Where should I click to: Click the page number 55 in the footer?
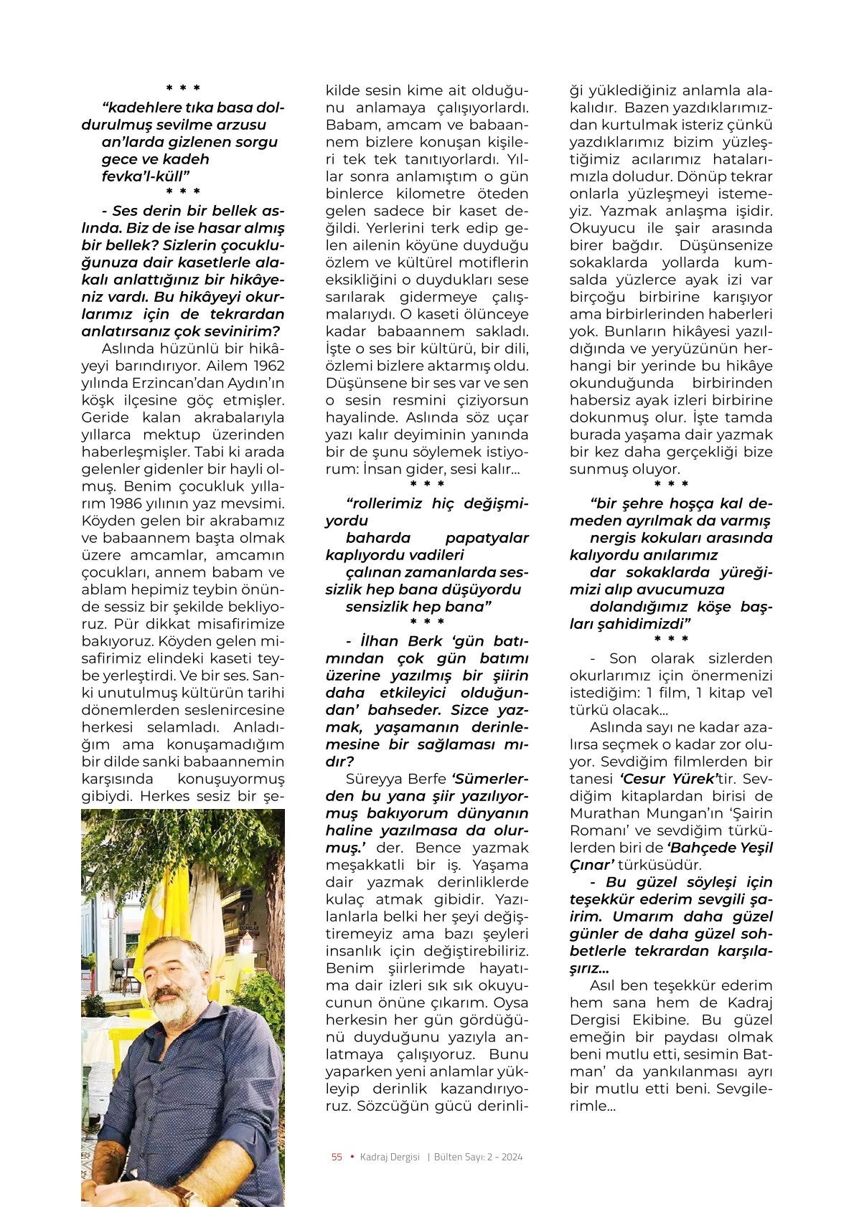click(337, 1157)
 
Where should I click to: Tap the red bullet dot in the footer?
click(352, 1156)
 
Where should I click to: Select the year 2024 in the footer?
click(512, 1157)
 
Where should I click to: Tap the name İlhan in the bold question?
click(378, 641)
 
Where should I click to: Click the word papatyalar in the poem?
click(487, 538)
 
